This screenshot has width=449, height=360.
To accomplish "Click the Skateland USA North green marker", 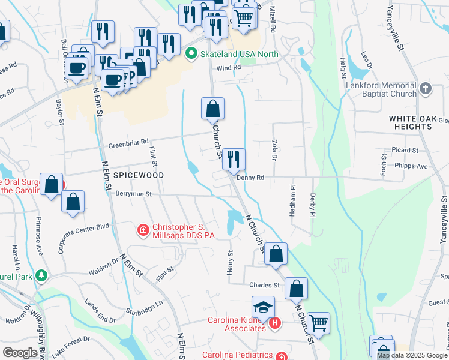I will tap(191, 55).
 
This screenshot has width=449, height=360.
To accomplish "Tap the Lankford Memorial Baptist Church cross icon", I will tap(425, 89).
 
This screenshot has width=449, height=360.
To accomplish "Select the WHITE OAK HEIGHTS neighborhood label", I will tap(418, 119).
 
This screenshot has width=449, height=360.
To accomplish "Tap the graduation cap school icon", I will tap(263, 307).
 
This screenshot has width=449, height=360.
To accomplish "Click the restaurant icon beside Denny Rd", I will tap(234, 160).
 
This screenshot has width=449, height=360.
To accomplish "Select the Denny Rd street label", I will tap(250, 178).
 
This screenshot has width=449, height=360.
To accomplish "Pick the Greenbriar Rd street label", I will tap(128, 144).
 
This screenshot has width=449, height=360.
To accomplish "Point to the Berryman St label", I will tap(134, 194).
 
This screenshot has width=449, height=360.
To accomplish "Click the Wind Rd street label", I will tap(228, 68).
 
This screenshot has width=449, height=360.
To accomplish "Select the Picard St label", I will tap(403, 149).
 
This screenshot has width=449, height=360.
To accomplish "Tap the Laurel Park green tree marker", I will tap(41, 276).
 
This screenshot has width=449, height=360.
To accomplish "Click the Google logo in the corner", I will tap(20, 353).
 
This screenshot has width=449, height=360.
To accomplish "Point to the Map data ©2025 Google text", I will tap(412, 355).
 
